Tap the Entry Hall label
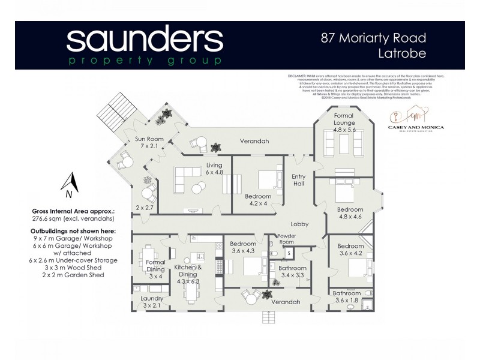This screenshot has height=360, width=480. pyautogui.click(x=299, y=181)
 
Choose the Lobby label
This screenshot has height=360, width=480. pyautogui.click(x=299, y=224)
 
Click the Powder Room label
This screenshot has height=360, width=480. pyautogui.click(x=286, y=239)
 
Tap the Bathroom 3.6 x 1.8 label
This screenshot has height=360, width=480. pyautogui.click(x=347, y=296)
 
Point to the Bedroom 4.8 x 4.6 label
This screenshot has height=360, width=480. pyautogui.click(x=350, y=213)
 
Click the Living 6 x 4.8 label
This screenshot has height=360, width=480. pyautogui.click(x=214, y=169)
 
